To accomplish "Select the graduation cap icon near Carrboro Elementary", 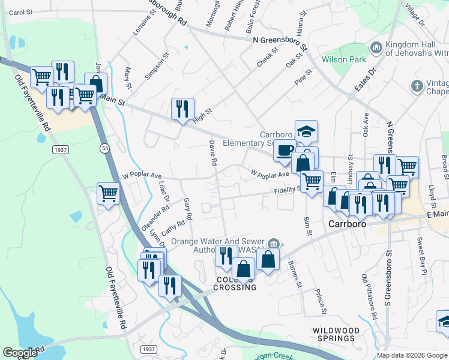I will pos(306,131).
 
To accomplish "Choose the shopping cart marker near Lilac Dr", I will pos(108,193).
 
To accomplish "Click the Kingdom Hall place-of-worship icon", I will pos(376,47).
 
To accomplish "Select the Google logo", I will pos(20,353).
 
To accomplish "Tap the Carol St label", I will pos(20,12).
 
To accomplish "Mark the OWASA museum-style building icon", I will pos(274,243).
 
